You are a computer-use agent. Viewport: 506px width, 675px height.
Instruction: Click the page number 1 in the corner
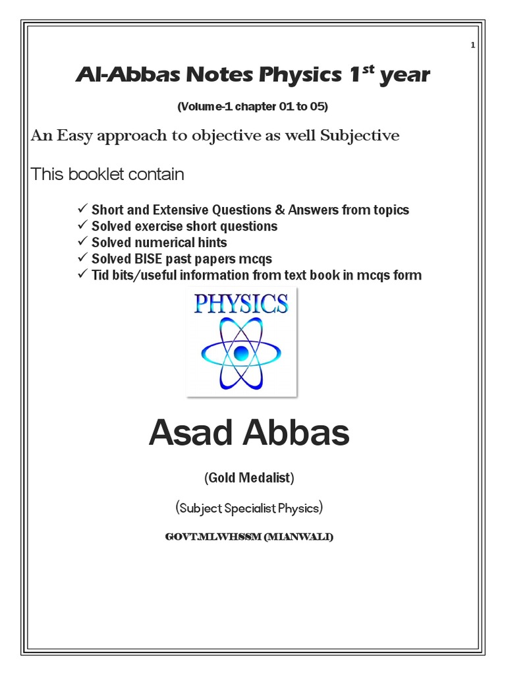[473, 45]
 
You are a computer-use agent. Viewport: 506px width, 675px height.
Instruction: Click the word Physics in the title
[296, 76]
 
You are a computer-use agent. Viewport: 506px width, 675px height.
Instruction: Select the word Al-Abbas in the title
[115, 76]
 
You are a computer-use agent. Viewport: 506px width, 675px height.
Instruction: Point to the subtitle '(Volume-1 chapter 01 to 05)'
[252, 106]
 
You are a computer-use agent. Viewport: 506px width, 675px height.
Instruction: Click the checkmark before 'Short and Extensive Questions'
[82, 209]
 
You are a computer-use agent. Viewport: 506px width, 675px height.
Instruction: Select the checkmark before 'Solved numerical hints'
[82, 242]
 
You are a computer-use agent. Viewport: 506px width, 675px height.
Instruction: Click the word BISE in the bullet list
[145, 259]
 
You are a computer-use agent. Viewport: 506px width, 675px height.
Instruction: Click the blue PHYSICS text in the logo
[241, 304]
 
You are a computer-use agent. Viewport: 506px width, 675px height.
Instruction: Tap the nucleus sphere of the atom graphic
[240, 351]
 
